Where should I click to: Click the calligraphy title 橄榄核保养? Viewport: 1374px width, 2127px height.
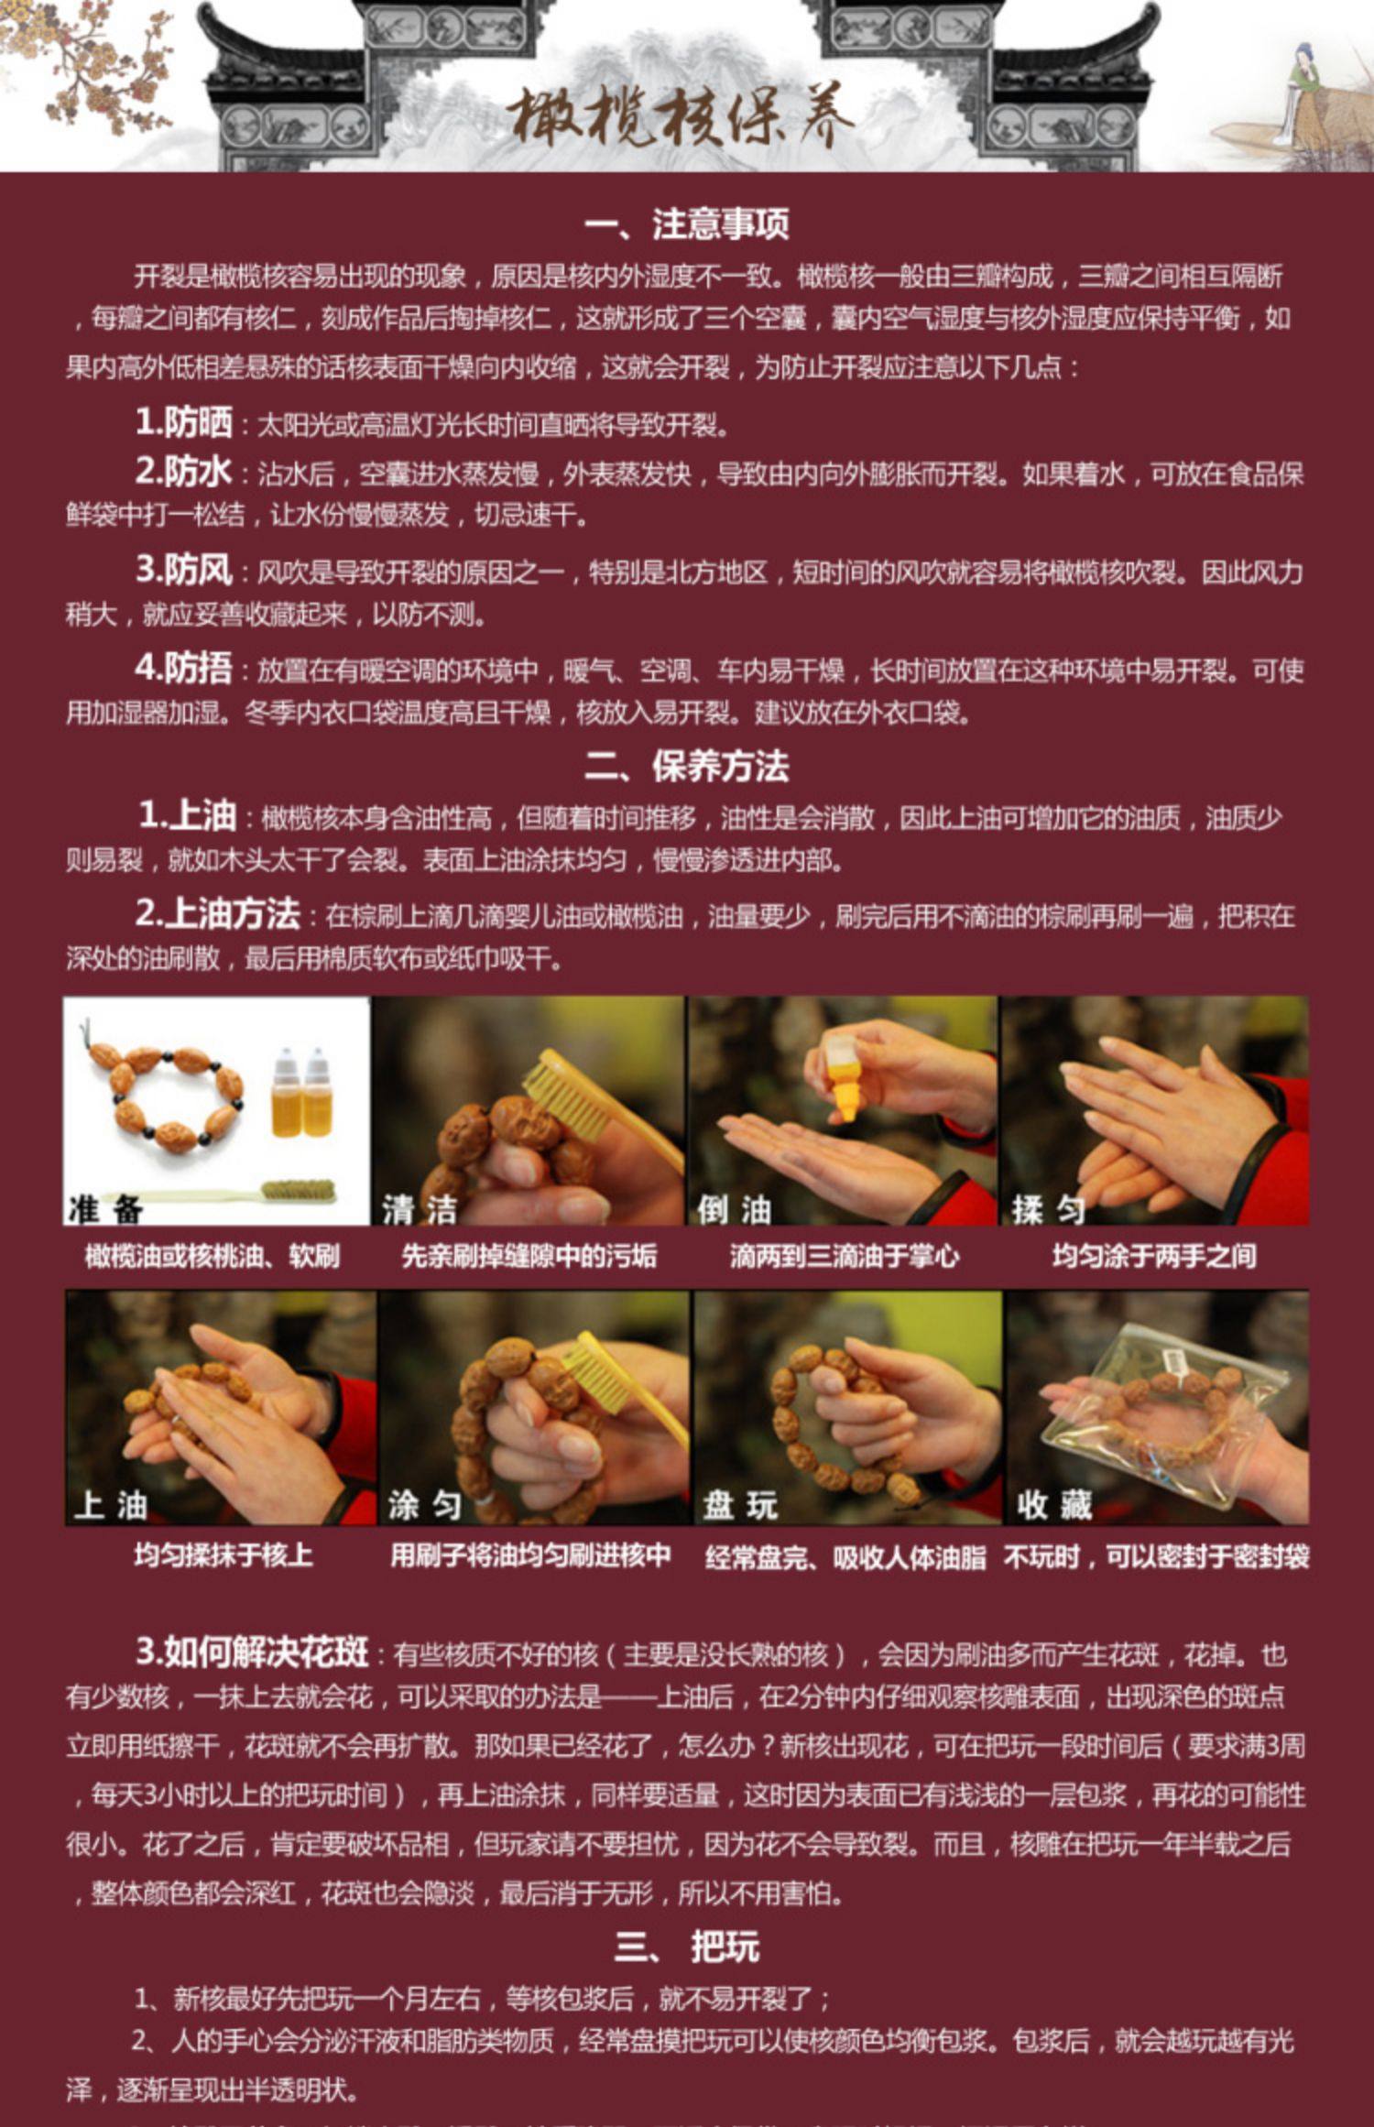click(x=682, y=117)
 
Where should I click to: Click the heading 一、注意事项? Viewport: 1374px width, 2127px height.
click(x=687, y=224)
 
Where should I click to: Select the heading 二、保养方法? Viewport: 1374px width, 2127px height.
click(x=687, y=767)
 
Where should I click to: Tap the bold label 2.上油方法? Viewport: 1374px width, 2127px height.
click(x=218, y=913)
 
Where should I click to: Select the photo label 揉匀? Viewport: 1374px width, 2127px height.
click(x=1048, y=1210)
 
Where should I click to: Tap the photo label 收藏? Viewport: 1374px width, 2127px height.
click(x=1054, y=1505)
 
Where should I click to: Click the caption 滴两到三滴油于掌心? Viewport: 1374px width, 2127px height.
click(x=845, y=1255)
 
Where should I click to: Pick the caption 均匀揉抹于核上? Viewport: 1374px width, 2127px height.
click(x=224, y=1554)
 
